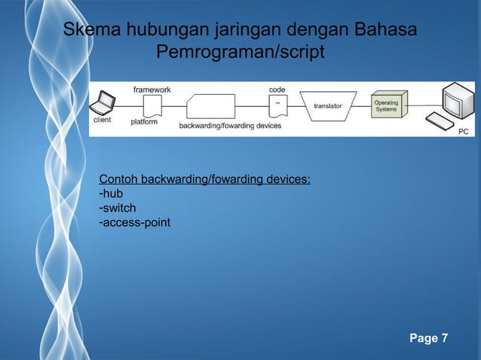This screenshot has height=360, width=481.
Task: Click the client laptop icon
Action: [105, 102]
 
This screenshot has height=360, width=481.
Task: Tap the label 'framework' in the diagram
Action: [152, 89]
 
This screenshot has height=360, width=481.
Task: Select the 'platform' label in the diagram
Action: [144, 122]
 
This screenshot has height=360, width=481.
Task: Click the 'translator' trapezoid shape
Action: [329, 106]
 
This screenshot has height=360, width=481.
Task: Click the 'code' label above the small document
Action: [277, 89]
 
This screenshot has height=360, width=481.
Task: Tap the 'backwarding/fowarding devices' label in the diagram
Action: [230, 127]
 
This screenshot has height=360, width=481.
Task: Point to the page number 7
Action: [443, 337]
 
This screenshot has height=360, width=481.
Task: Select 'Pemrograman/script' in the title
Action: [240, 53]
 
